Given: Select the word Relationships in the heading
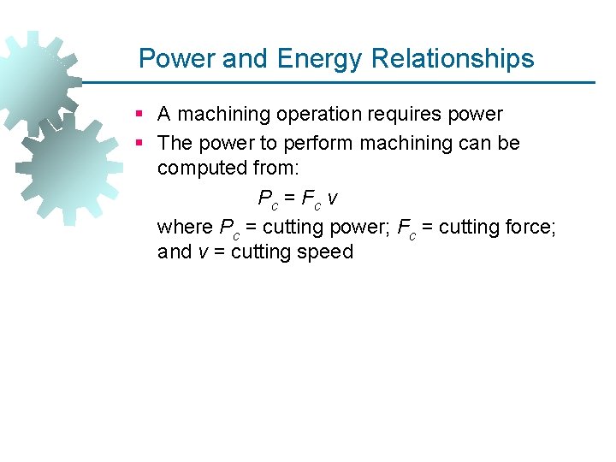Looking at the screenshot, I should pos(453,58).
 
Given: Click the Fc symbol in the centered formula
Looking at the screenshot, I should pos(311,199).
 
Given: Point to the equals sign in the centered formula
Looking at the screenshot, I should pos(289,198).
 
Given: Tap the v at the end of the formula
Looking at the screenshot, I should pos(333,198).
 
